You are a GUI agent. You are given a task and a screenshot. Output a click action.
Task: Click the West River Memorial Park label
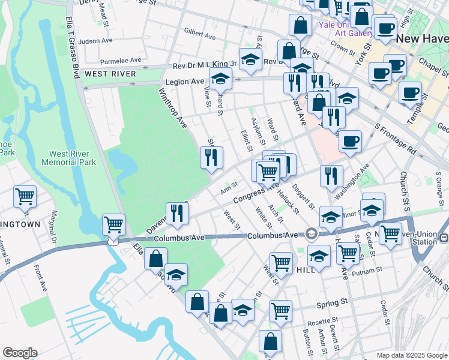click(68, 158)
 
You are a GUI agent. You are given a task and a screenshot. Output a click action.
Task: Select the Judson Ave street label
click(95, 41)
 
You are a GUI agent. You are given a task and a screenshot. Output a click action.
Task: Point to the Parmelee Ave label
click(121, 60)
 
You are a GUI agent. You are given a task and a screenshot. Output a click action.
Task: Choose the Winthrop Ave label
click(173, 109)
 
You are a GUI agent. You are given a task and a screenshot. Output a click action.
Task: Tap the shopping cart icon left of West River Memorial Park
click(25, 196)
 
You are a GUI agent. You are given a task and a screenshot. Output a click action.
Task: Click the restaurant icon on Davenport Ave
click(177, 214)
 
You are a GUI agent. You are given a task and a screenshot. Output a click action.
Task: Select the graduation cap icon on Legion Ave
click(220, 78)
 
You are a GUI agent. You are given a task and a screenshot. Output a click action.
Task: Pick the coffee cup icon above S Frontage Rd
click(350, 142)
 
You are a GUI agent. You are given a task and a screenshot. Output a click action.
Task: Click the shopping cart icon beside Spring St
click(280, 310)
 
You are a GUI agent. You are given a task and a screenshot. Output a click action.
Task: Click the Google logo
click(20, 353)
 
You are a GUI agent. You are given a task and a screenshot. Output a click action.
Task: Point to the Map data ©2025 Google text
click(411, 355)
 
